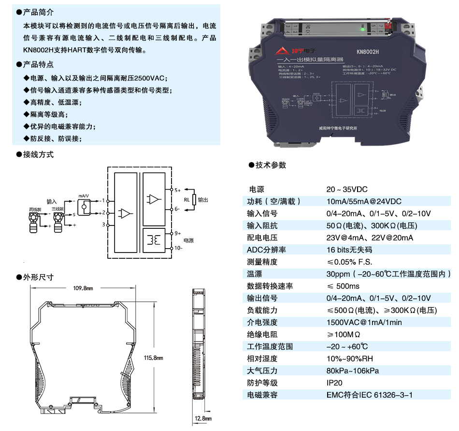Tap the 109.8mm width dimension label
[x=83, y=289]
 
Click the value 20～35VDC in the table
[x=347, y=189]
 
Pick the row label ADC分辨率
[x=266, y=250]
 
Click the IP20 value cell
[x=335, y=383]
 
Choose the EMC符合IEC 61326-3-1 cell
[x=370, y=395]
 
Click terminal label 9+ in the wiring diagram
[x=177, y=233]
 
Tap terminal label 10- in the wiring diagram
[x=178, y=248]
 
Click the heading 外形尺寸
[x=38, y=277]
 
